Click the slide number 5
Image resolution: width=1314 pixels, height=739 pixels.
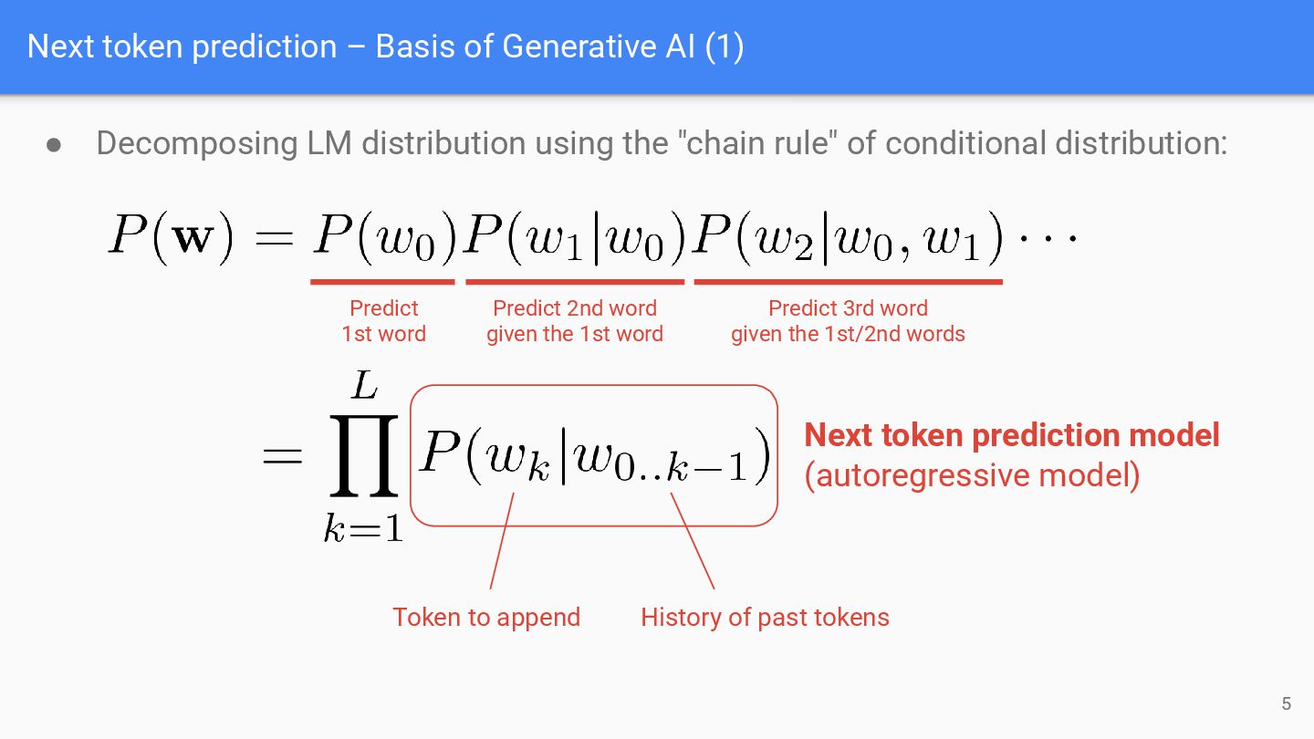[1287, 703]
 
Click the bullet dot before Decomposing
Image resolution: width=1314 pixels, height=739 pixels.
[54, 145]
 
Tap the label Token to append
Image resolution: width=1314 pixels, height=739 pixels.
[486, 618]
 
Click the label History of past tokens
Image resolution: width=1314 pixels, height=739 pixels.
[765, 618]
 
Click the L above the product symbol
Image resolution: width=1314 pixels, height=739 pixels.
[364, 387]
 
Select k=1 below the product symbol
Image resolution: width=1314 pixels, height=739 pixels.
[363, 528]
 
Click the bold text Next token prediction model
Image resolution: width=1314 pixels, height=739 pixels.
[1011, 435]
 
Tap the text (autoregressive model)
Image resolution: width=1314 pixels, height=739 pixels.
[972, 475]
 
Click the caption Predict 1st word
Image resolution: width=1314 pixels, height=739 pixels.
[383, 321]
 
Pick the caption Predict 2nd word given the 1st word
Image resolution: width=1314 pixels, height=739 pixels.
[575, 321]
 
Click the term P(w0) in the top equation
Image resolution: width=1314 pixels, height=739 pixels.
[383, 238]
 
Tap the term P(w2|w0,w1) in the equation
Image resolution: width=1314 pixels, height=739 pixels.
[848, 238]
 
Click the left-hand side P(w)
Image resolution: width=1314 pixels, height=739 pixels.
[174, 238]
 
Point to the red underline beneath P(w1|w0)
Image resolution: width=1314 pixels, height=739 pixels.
[575, 282]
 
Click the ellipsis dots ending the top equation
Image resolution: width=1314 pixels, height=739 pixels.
[1048, 239]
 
